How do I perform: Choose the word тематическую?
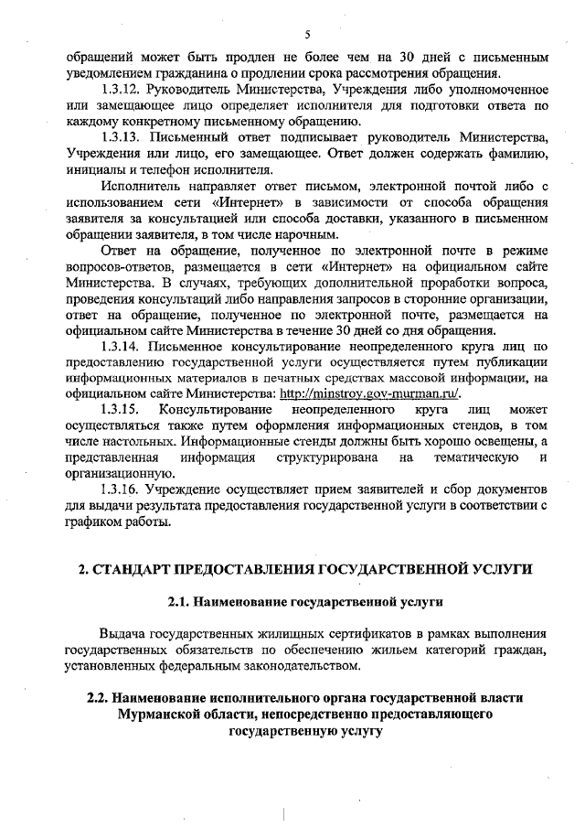(476, 457)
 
